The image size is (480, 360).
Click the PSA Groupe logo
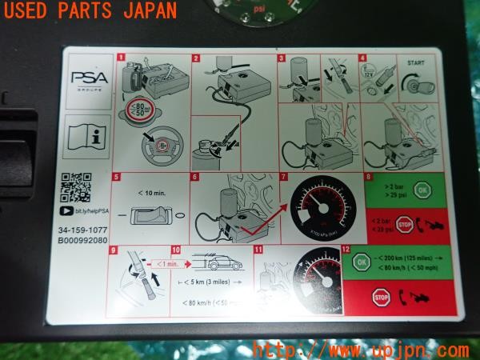pyautogui.click(x=85, y=80)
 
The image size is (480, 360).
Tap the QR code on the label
pyautogui.click(x=77, y=189)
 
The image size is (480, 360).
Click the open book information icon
pyautogui.click(x=85, y=134)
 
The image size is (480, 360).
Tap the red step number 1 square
pyautogui.click(x=121, y=58)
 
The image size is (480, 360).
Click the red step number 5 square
pyautogui.click(x=117, y=177)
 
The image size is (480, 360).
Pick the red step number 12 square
pyautogui.click(x=346, y=250)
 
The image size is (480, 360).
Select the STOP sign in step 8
pyautogui.click(x=405, y=224)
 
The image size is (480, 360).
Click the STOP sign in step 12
pyautogui.click(x=380, y=298)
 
